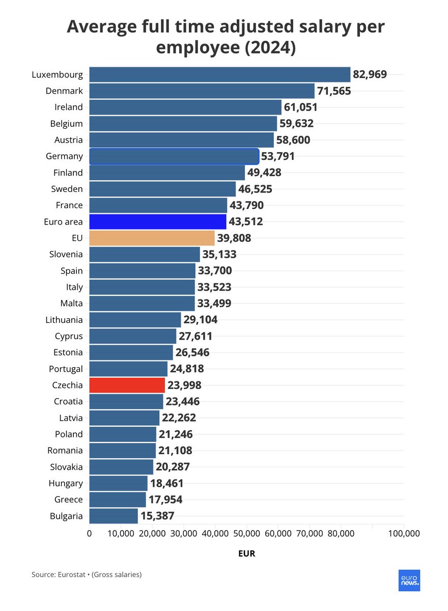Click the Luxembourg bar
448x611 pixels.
click(219, 74)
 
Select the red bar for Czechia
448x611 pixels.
click(127, 385)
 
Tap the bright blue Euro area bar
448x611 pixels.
click(157, 221)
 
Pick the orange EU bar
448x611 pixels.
click(152, 238)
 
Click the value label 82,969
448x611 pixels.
click(370, 74)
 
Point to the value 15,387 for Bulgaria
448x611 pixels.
click(157, 516)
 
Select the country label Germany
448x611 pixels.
click(64, 156)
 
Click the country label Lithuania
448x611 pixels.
click(64, 320)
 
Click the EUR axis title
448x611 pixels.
click(246, 553)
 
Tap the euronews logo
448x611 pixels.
click(409, 580)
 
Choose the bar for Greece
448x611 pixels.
click(118, 499)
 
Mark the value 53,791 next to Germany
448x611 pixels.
click(278, 156)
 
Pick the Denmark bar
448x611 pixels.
click(202, 91)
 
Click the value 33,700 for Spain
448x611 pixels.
click(215, 270)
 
